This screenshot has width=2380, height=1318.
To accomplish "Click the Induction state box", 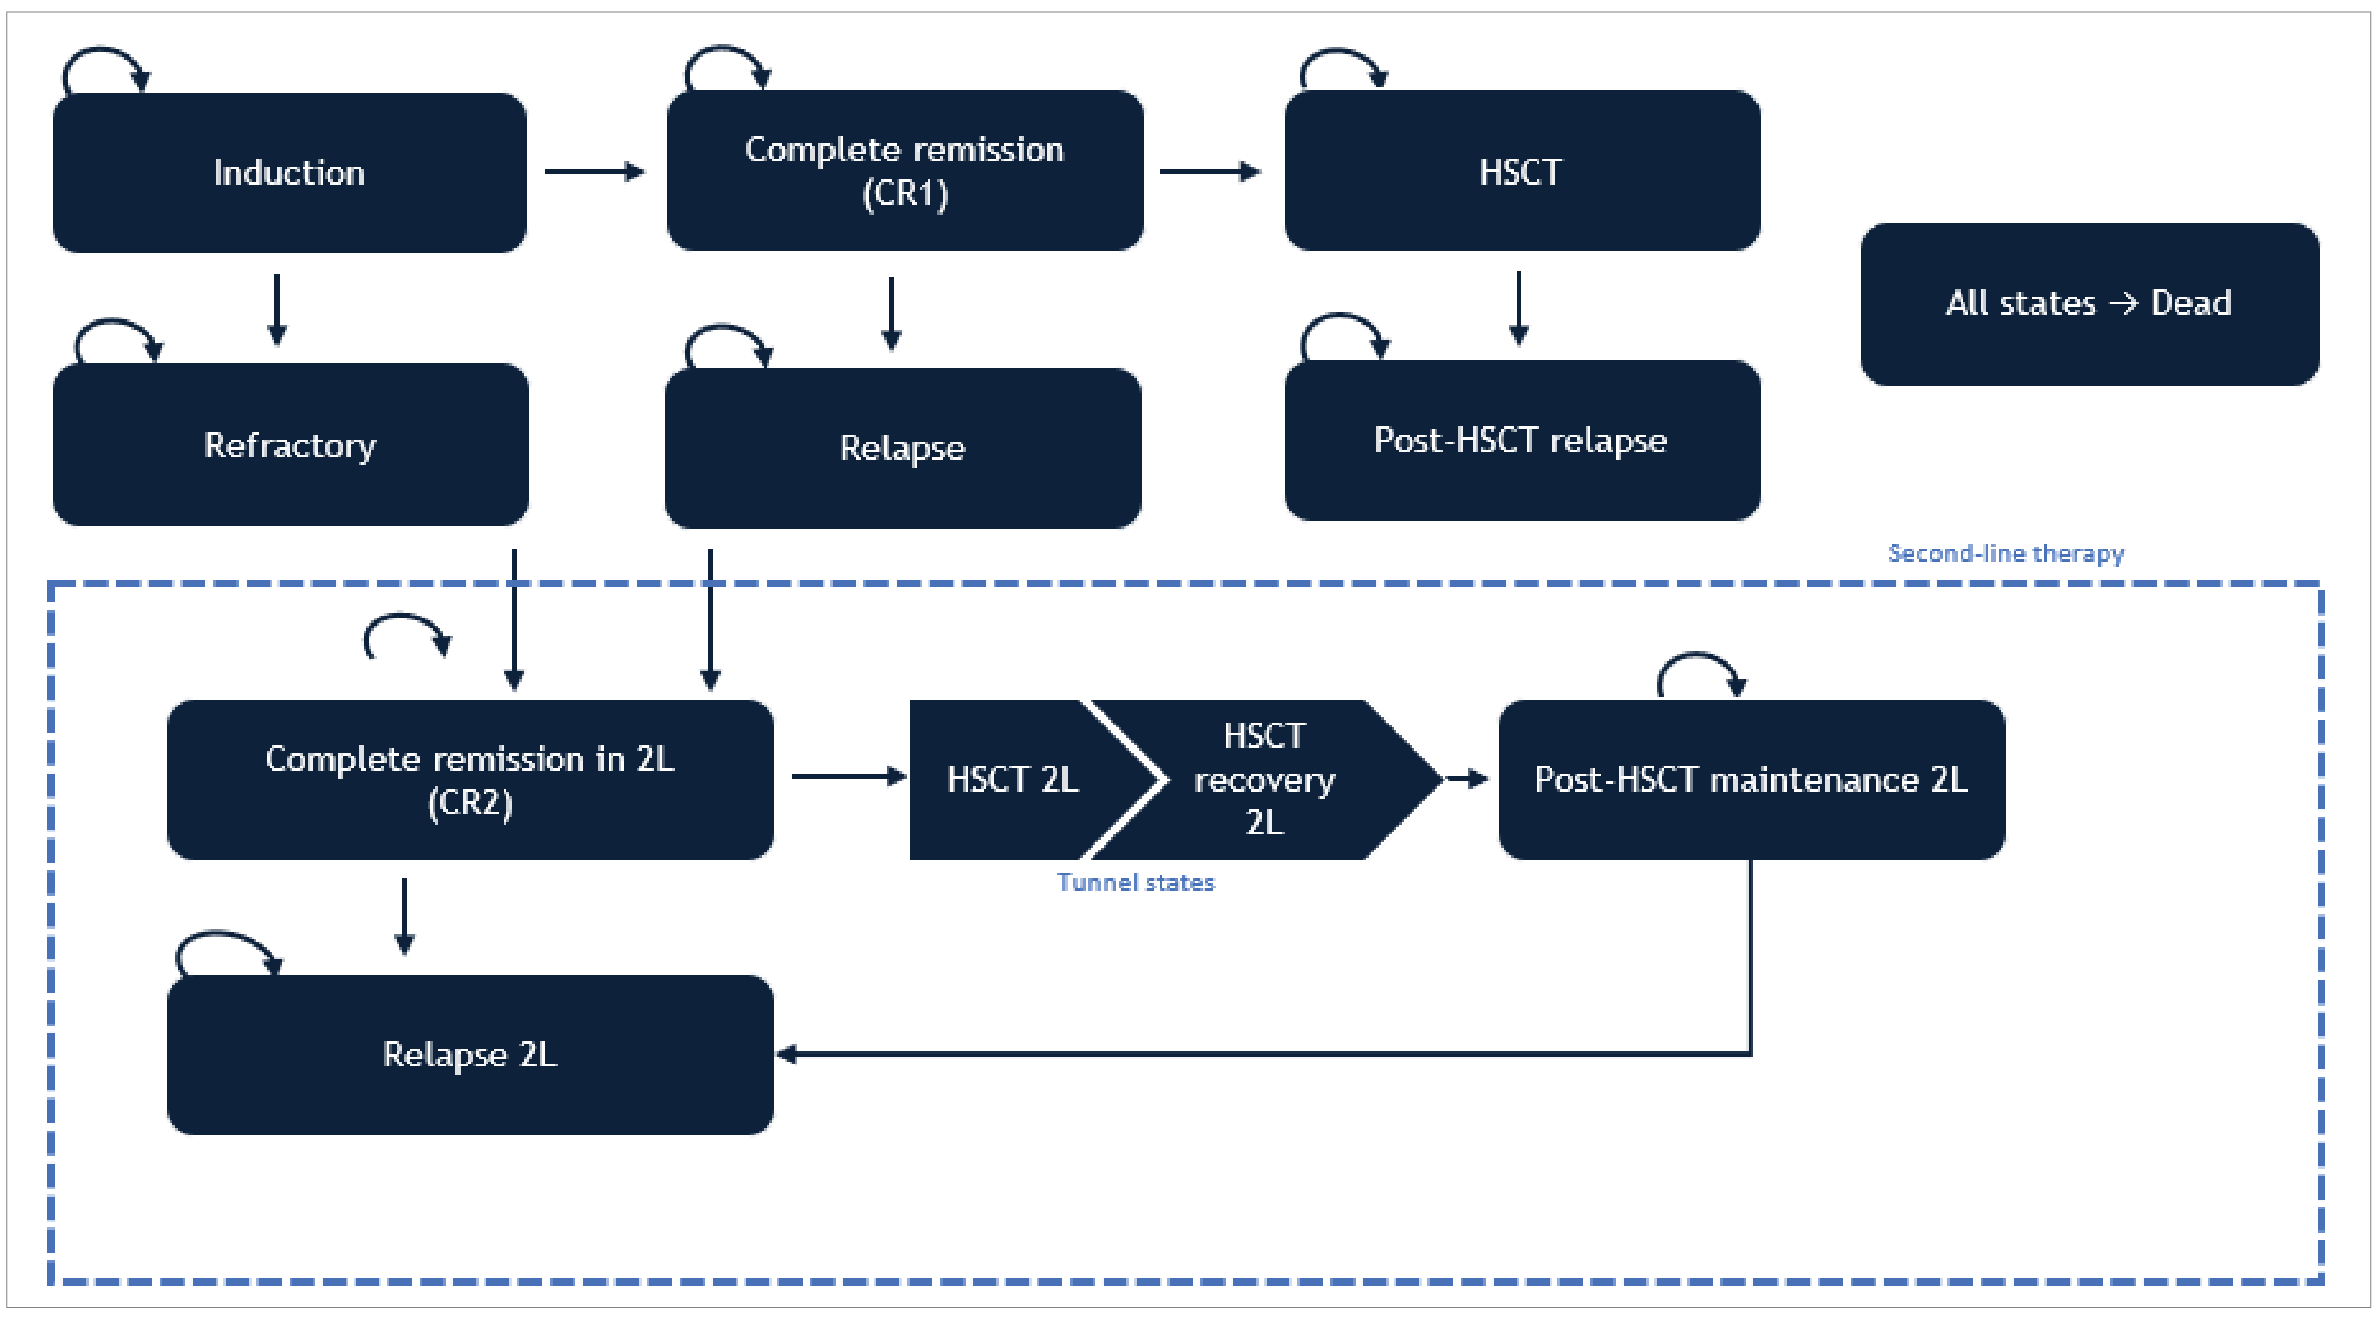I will (289, 173).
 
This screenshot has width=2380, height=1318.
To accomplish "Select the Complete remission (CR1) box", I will (905, 171).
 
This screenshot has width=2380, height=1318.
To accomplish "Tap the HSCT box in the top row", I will (1521, 171).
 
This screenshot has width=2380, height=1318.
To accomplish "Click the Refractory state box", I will (290, 444).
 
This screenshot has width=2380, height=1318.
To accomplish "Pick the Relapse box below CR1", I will (902, 448).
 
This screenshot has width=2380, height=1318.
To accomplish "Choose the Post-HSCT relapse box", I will (1521, 441).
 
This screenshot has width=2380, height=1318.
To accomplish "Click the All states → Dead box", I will (2088, 304).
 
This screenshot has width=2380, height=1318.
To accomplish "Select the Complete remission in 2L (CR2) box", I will (469, 780).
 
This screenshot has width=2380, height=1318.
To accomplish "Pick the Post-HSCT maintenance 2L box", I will (1751, 780).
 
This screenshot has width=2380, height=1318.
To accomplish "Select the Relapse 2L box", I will (469, 1055).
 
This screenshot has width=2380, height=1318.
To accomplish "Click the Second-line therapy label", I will (2005, 553).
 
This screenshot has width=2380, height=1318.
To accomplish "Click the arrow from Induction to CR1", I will (594, 172).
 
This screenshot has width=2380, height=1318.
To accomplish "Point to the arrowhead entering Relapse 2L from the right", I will (788, 1054).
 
